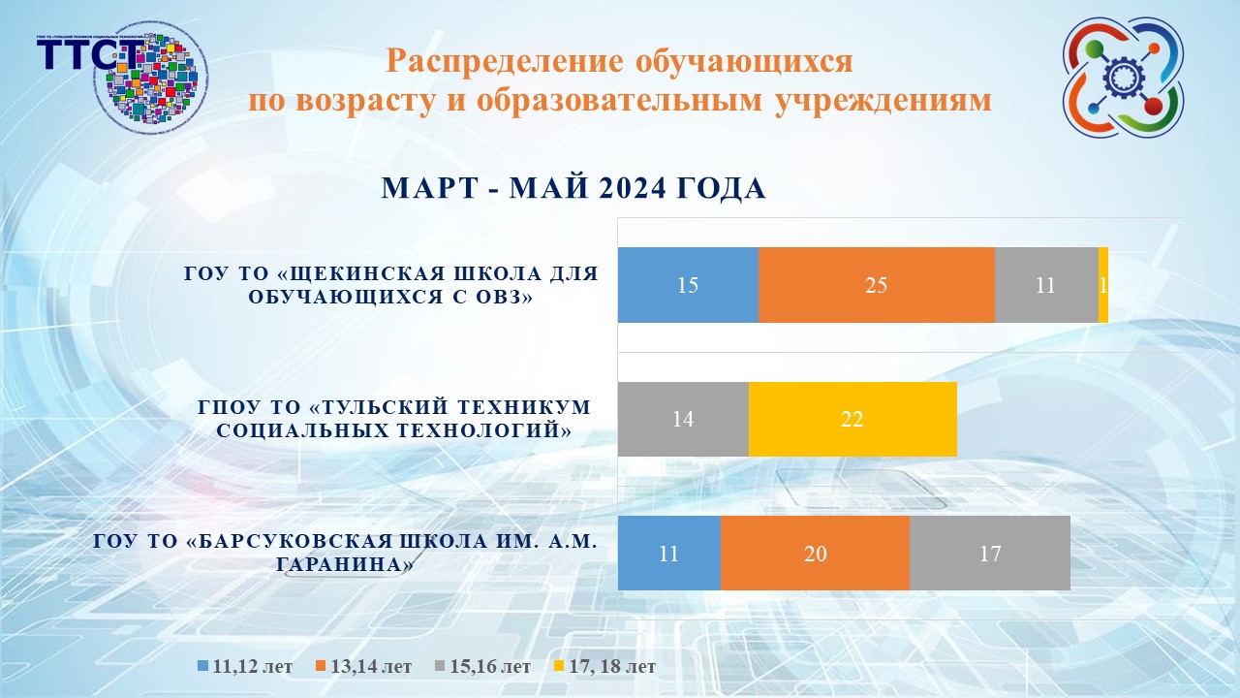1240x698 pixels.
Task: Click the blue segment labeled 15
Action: [688, 285]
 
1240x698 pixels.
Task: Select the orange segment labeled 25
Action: [876, 285]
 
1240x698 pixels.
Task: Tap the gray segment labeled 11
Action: [1045, 285]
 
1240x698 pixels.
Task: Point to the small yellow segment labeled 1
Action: [1103, 285]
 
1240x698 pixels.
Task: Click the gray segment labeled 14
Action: [683, 419]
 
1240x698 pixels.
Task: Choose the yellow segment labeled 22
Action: [852, 419]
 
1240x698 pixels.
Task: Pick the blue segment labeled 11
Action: [668, 554]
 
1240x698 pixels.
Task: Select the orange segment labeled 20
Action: [815, 554]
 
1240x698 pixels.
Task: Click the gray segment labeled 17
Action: [989, 554]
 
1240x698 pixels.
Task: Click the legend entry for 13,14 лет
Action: [363, 667]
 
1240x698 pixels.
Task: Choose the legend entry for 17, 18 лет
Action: [604, 667]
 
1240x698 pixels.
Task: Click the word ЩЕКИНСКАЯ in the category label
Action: [344, 274]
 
